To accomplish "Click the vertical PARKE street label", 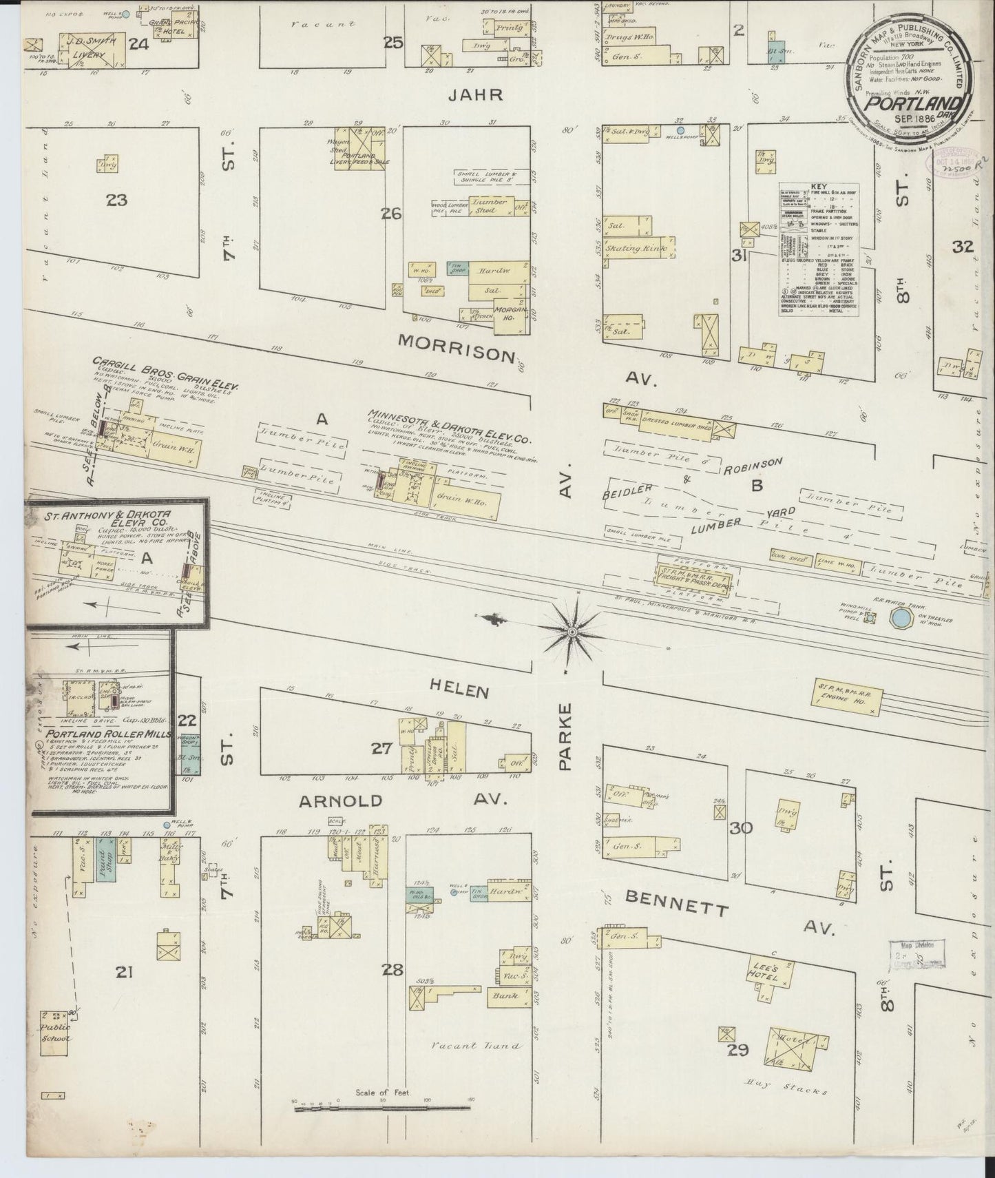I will [x=566, y=736].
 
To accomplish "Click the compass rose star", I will [x=573, y=630].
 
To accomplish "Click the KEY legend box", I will [x=819, y=249].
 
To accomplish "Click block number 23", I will [x=116, y=200].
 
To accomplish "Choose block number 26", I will [x=390, y=214].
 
